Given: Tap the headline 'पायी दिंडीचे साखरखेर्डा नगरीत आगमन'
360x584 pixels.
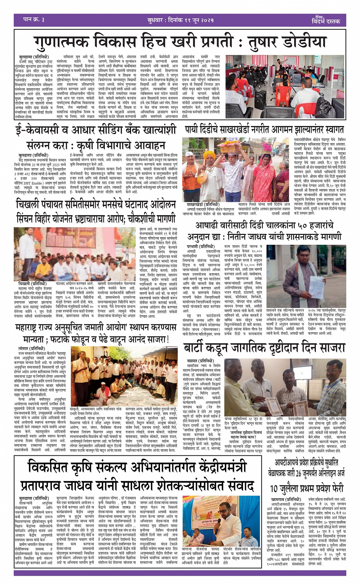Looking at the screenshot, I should click(264, 129).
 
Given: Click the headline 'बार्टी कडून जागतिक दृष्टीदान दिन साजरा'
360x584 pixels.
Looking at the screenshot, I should click(264, 348).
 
